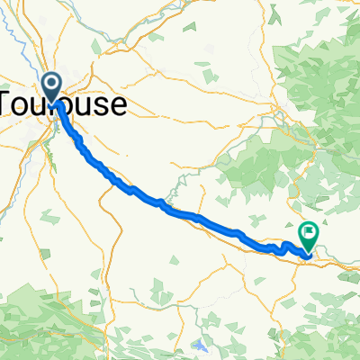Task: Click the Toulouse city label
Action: tap(63, 104)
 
